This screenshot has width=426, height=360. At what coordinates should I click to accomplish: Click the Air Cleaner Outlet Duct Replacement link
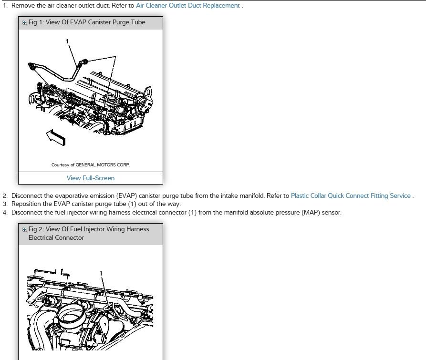[x=187, y=6]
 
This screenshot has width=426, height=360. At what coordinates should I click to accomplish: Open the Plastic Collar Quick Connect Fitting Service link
[x=350, y=195]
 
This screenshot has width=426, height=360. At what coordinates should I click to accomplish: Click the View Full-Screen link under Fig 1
[x=91, y=178]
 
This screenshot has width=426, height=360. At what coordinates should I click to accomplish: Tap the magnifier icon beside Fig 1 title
[x=25, y=22]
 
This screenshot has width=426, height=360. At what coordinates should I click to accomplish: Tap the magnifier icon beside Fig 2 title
[x=25, y=229]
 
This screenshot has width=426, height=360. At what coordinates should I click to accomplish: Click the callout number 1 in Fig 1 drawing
[x=68, y=41]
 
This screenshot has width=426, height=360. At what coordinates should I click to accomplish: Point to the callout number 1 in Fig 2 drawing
[x=101, y=273]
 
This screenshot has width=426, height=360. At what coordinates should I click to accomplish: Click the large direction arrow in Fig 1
[x=55, y=137]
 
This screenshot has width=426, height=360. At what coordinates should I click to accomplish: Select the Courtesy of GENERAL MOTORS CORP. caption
[x=91, y=165]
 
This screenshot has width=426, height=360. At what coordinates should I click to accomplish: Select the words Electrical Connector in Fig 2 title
[x=56, y=237]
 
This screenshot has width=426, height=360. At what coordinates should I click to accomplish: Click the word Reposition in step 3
[x=28, y=204]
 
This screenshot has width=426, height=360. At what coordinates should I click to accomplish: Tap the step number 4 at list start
[x=5, y=212]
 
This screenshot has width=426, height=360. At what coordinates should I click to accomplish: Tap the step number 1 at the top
[x=5, y=6]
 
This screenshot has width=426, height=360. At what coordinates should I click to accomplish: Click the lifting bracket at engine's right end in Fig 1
[x=148, y=92]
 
